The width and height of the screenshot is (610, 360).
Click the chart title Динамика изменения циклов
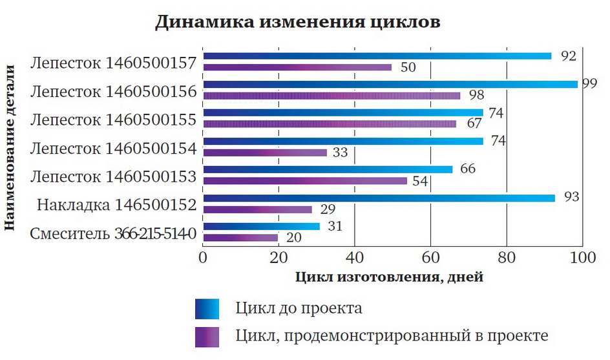298,22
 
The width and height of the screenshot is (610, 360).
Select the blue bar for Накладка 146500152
379,198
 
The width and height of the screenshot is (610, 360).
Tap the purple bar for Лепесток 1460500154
265,153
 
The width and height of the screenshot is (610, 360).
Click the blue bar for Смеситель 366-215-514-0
261,226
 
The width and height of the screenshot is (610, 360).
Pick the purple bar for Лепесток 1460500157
297,67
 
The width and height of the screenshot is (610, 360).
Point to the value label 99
589,84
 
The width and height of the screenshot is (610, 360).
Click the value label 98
477,96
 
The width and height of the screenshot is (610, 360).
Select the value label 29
328,209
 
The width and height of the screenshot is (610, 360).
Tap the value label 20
294,238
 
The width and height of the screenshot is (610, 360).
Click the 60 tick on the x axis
430,257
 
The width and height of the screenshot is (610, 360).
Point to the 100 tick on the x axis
582,257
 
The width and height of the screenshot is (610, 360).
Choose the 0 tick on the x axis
204,257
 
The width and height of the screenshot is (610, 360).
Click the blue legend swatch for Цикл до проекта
207,308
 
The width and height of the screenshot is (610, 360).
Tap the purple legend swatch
207,336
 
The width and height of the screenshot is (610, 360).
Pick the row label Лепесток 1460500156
113,91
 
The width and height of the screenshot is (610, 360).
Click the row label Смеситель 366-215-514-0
113,233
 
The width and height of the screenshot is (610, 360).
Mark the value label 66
468,169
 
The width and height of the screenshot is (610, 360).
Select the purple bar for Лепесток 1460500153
305,181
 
